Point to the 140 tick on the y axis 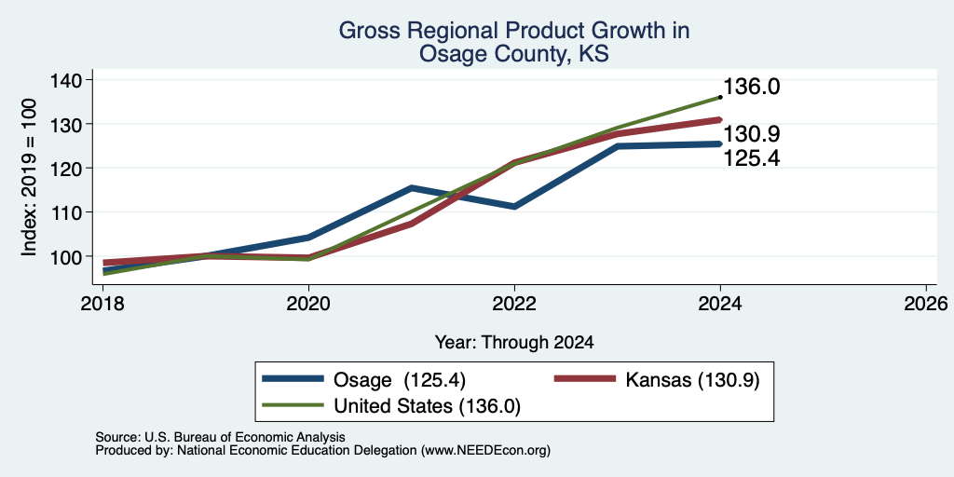pos(72,80)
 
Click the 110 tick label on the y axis pos(72,212)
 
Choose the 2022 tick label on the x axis pos(514,304)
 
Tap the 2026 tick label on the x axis pos(926,304)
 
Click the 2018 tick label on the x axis pos(104,304)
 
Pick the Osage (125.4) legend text pos(400,380)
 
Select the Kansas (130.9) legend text pos(693,380)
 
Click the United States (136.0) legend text pos(427,406)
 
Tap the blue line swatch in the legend pos(293,379)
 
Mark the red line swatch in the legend pos(585,379)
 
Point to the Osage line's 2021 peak pos(412,188)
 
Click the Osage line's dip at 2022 pos(514,207)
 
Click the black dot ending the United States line pos(720,97)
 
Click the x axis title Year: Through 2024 pos(514,343)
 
